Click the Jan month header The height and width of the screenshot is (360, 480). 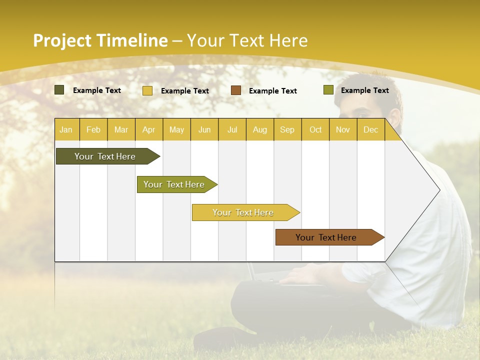pyautogui.click(x=66, y=129)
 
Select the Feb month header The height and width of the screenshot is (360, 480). pyautogui.click(x=93, y=129)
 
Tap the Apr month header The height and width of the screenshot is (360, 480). pyautogui.click(x=149, y=129)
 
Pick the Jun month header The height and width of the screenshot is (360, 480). pyautogui.click(x=204, y=129)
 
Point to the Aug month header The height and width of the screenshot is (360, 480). pyautogui.click(x=260, y=129)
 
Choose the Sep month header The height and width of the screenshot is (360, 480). pyautogui.click(x=287, y=129)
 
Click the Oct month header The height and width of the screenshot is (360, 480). pyautogui.click(x=315, y=129)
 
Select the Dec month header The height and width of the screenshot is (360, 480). pyautogui.click(x=371, y=129)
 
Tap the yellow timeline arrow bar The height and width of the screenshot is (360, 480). pyautogui.click(x=243, y=212)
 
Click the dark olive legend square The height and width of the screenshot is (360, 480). pyautogui.click(x=59, y=90)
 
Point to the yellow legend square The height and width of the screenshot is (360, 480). pyautogui.click(x=147, y=90)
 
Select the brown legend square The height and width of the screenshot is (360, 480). pyautogui.click(x=236, y=90)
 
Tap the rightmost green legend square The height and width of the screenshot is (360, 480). pyautogui.click(x=328, y=90)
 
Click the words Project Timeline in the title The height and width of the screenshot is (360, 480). pyautogui.click(x=100, y=40)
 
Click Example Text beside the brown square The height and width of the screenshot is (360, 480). pyautogui.click(x=273, y=91)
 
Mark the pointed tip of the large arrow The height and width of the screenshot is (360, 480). pyautogui.click(x=438, y=189)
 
